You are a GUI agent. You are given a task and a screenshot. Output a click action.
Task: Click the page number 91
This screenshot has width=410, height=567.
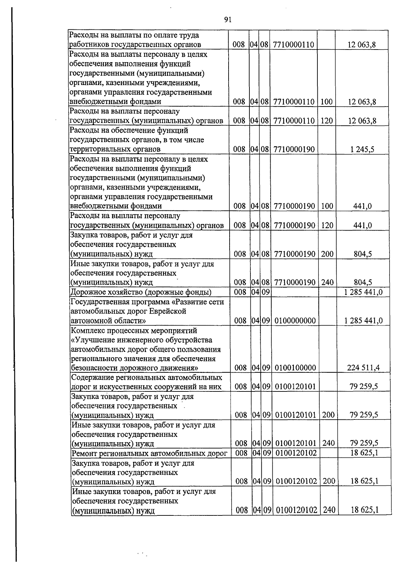[228, 20]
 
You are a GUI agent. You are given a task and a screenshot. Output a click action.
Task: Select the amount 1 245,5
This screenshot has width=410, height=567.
[362, 149]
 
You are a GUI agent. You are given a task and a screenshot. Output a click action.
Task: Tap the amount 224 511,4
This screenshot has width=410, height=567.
[363, 368]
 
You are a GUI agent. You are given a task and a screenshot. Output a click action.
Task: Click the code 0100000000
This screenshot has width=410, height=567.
[295, 321]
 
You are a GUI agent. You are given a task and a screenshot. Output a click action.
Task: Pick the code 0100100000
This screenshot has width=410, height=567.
[295, 368]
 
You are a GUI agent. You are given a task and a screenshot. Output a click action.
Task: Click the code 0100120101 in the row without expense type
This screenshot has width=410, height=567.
[295, 387]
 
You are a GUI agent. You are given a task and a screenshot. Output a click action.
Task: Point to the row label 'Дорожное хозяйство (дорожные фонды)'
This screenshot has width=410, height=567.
[141, 292]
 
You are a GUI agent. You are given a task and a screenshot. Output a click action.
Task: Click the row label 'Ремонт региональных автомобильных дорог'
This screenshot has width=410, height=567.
[150, 453]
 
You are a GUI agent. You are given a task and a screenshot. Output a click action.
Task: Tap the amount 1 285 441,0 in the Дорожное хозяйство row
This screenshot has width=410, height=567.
[364, 292]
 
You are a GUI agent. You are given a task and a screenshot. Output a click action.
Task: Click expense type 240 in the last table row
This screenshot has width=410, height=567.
[329, 510]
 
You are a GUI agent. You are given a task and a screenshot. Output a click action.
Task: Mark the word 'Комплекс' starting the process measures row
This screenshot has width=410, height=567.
[87, 331]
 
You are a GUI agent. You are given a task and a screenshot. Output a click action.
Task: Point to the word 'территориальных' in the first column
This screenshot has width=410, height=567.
[97, 149]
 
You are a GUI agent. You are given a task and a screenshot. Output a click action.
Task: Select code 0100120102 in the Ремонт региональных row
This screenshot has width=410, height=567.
[296, 453]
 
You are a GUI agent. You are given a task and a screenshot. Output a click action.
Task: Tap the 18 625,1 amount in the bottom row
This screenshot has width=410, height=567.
[365, 510]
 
